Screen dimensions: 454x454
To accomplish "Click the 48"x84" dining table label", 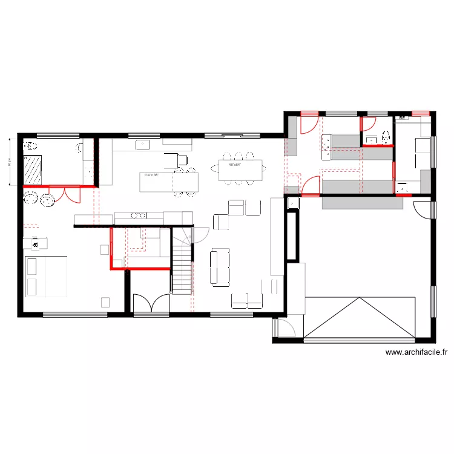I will click(235, 165).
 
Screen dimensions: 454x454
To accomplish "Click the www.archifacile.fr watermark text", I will click(416, 352).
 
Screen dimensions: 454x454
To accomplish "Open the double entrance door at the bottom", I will click(151, 303).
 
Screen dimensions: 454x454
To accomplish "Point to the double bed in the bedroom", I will click(45, 277).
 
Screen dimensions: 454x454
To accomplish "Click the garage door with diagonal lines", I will click(360, 317).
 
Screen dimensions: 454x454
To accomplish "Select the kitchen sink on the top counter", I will click(143, 145).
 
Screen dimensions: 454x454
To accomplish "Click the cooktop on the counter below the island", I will click(139, 215).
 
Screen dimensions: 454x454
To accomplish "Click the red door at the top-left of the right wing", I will click(308, 122).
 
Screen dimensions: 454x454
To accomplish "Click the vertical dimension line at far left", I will click(10, 162).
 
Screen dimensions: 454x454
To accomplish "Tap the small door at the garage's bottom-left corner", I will click(283, 327).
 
